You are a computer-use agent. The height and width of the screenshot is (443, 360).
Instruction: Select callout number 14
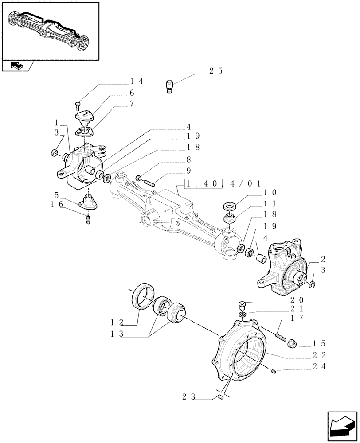pos(137,81)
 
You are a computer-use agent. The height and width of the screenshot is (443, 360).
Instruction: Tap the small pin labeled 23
pos(220,397)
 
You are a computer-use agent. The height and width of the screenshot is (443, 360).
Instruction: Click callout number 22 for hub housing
pos(321,356)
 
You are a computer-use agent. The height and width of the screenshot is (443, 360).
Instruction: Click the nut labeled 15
pos(293,343)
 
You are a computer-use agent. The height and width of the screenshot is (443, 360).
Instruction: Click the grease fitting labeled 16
pos(88,218)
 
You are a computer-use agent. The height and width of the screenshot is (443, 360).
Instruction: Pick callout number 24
pos(321,367)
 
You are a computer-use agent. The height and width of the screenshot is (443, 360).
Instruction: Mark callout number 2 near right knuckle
pos(323,260)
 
